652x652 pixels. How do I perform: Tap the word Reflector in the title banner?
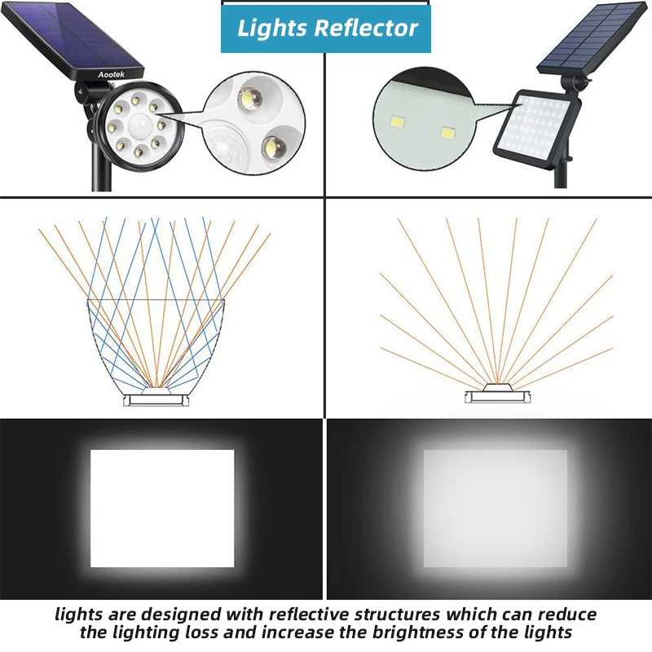point(367,28)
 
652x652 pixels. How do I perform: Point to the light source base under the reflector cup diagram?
point(155,399)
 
